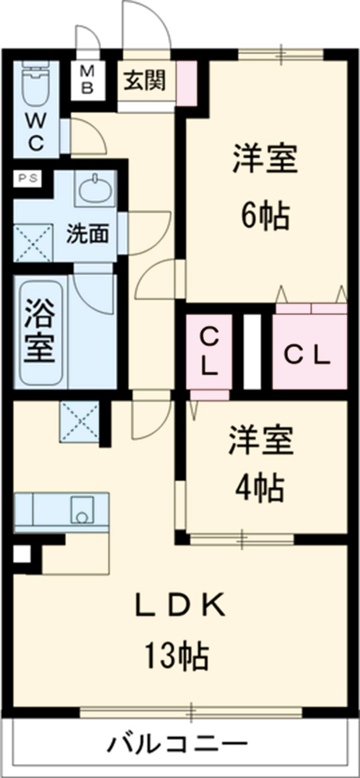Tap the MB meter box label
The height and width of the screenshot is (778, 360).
(88, 79)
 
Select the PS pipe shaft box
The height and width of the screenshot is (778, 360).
(26, 178)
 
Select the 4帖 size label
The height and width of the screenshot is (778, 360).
(259, 487)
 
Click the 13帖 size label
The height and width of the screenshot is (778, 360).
(175, 656)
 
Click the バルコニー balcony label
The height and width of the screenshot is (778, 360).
(178, 746)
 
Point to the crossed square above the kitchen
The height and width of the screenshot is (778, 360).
(79, 422)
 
